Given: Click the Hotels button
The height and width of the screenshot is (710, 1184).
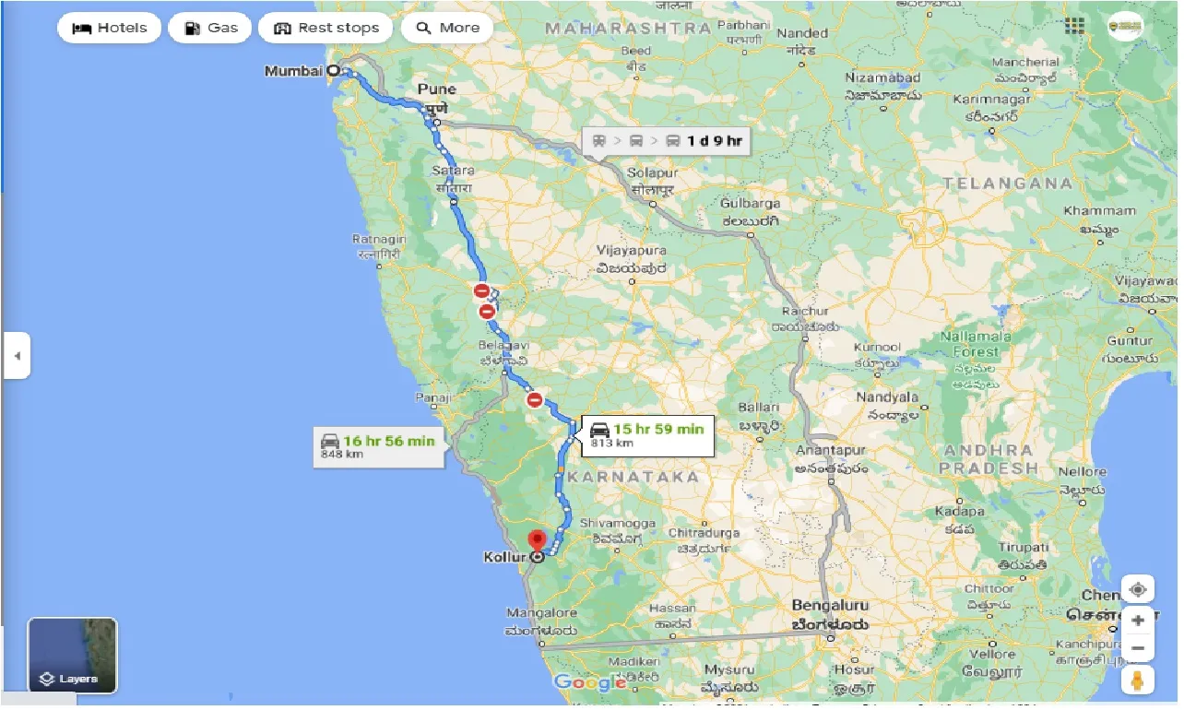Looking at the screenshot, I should click(109, 28).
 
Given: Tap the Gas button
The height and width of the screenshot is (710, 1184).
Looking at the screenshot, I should click(210, 28).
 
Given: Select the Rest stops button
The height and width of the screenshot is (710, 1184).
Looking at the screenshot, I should click(326, 28).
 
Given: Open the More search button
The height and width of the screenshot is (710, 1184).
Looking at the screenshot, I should click(447, 28).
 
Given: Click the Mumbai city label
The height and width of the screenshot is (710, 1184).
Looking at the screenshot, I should click(293, 71).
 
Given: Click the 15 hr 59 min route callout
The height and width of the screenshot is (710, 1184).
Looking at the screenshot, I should click(645, 434).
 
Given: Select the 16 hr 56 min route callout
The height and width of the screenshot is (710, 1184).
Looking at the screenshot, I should click(378, 446).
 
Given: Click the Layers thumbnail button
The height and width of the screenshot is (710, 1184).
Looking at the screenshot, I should click(73, 655).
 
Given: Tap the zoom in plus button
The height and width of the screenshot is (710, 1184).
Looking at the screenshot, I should click(1137, 621).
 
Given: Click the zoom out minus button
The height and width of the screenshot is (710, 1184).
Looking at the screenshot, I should click(1137, 649).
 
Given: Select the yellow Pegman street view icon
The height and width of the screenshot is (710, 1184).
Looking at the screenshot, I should click(1137, 680).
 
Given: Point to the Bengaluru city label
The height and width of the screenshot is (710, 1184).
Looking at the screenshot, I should click(829, 607).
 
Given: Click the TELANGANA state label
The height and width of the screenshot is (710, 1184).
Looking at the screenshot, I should click(1008, 183).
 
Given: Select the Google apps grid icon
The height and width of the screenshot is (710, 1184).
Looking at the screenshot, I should click(1074, 26).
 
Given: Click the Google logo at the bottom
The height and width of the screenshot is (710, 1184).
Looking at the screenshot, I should click(590, 682).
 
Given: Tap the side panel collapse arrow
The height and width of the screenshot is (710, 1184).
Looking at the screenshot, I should click(17, 355).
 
